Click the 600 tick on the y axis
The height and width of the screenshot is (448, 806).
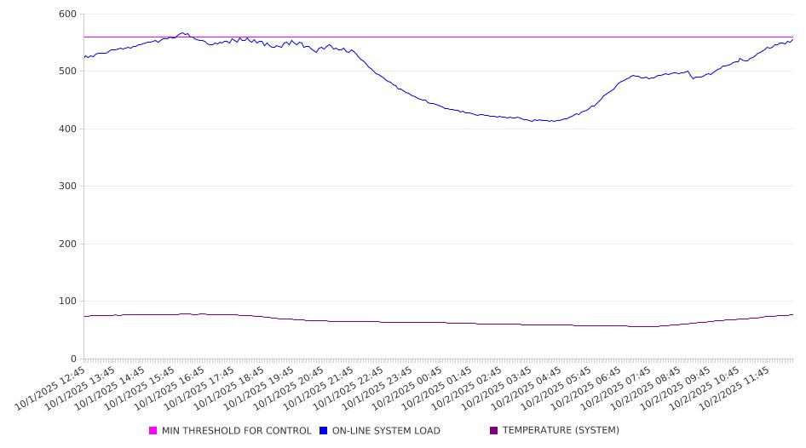point(67,14)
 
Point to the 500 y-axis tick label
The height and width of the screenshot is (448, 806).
point(67,72)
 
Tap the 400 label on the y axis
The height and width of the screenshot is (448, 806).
point(67,129)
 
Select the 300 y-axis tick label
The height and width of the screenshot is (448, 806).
point(67,187)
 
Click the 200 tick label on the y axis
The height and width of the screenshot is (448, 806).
point(67,244)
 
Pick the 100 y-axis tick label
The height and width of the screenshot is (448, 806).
point(67,302)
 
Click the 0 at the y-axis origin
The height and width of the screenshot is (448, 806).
point(73,359)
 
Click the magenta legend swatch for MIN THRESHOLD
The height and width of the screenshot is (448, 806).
point(153,431)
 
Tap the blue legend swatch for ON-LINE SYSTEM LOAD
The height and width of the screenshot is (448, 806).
point(324,431)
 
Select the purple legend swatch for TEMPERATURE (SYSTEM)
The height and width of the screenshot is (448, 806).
point(494,431)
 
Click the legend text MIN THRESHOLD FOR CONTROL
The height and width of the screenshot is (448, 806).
point(236,431)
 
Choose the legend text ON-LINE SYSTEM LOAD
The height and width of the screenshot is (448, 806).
point(386,431)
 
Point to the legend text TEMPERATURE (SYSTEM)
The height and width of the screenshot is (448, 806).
point(561,431)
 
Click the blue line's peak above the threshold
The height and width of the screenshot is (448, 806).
point(183,33)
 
